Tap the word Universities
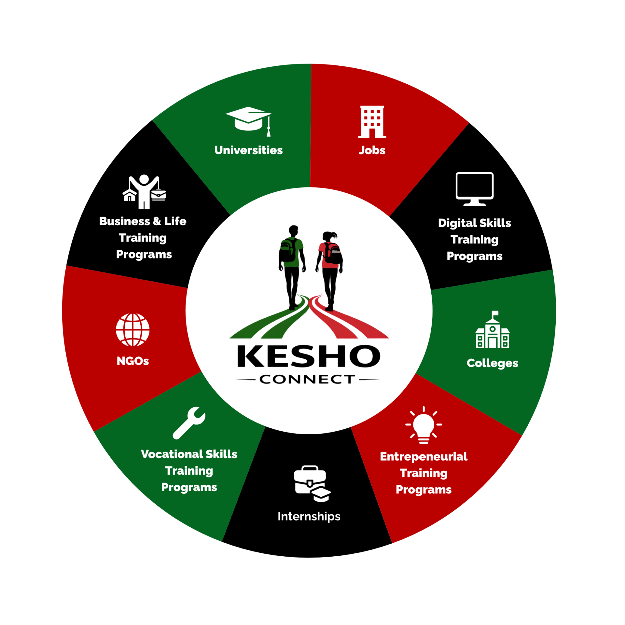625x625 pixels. pos(248,150)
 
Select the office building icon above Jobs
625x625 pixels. pos(372,122)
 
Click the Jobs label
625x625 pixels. pos(372,150)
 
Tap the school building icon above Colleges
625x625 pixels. pos(492,330)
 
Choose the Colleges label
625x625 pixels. pos(492,363)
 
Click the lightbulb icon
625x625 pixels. pos(424,425)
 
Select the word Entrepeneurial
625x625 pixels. pos(424,456)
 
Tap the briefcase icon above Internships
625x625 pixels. pos(312,483)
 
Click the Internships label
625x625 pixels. pos(309,516)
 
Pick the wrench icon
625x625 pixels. pos(189,423)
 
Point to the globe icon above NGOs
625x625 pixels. pos(133,330)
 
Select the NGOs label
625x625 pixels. pos(133,361)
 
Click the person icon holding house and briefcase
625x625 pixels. pos(144,192)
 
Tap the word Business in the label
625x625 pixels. pos(124,221)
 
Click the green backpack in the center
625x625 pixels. pos(292,252)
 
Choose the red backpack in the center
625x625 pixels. pos(329,255)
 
